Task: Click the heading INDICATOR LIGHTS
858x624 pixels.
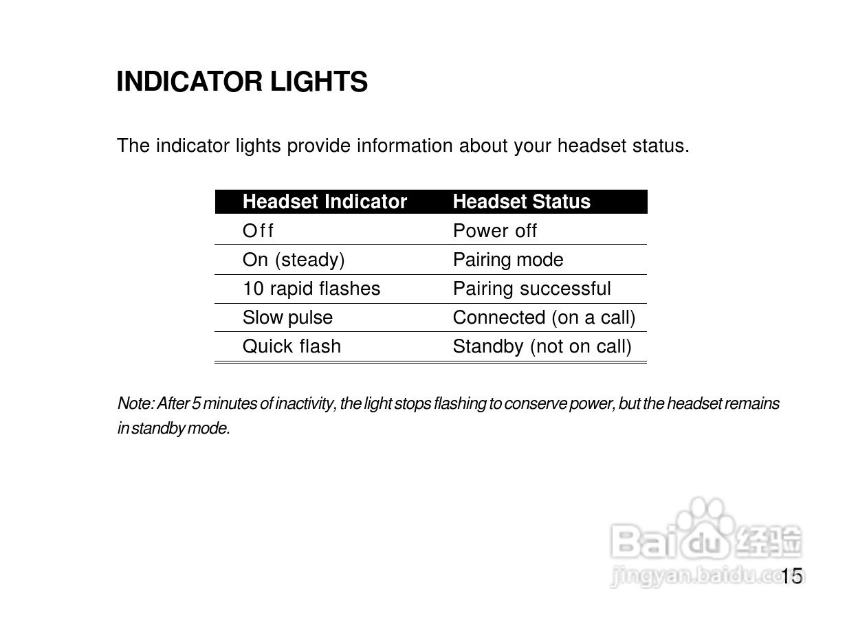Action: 242,81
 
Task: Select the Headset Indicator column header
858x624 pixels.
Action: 324,201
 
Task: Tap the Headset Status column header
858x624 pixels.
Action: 521,201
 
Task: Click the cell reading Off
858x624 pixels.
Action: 258,230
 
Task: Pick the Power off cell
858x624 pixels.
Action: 494,230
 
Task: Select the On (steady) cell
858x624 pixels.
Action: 294,260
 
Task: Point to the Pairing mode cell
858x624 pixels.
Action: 508,260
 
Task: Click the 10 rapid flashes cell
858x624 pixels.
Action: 311,289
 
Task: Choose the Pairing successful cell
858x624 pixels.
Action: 531,289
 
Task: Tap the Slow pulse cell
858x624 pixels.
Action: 287,317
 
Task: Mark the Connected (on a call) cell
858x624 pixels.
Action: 544,317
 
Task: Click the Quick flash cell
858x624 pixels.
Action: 291,346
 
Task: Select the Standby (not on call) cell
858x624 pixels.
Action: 542,346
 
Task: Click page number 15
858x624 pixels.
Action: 791,576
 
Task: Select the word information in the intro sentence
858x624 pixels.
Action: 404,146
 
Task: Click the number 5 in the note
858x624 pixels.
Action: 196,403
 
